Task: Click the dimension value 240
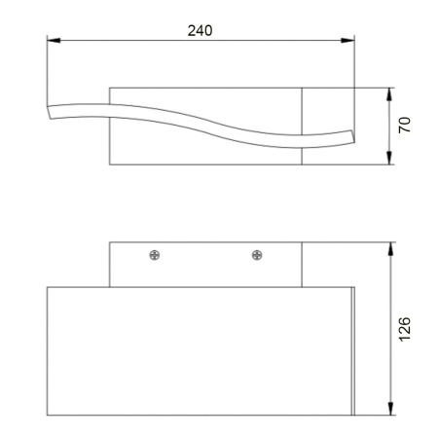(201, 29)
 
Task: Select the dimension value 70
(405, 126)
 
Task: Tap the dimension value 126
(405, 329)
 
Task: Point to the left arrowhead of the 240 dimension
(53, 40)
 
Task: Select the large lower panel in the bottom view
(200, 350)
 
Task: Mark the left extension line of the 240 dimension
(47, 68)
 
